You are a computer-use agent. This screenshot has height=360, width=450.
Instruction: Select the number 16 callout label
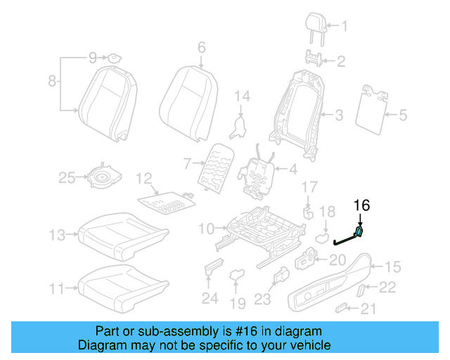[361, 205]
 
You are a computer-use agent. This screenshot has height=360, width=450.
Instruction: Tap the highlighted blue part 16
[359, 232]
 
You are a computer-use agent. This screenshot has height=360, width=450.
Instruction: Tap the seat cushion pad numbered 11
[123, 282]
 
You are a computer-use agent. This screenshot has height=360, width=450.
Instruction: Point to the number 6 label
[201, 48]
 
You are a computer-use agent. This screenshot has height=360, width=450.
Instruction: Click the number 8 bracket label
[51, 82]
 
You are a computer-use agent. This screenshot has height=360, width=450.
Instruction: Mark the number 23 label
[262, 300]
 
